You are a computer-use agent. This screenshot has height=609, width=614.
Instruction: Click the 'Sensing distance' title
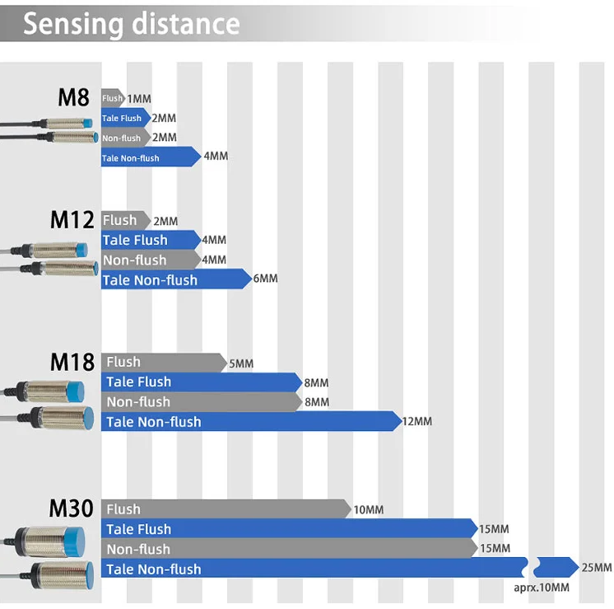[131, 24]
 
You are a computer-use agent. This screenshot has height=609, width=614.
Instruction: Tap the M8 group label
[73, 97]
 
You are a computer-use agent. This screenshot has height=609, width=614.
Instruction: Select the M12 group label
[72, 220]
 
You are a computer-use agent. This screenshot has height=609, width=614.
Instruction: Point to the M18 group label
[72, 362]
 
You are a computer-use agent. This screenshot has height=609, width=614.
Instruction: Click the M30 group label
[72, 508]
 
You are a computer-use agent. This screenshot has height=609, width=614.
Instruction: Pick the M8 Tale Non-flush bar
[148, 157]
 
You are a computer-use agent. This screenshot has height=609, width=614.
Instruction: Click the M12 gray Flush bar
[123, 220]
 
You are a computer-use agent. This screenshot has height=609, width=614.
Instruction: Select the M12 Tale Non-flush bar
[173, 280]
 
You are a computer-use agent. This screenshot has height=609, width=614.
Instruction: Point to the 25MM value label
[596, 568]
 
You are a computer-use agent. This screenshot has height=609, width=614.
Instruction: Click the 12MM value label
[416, 422]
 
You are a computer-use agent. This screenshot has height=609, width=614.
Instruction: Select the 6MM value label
[266, 279]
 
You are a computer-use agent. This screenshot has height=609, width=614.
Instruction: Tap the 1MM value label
[139, 99]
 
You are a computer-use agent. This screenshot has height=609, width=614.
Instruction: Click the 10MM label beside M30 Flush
[368, 510]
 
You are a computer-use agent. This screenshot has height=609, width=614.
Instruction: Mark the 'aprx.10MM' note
[541, 587]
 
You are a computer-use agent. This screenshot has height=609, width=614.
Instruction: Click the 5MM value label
[241, 364]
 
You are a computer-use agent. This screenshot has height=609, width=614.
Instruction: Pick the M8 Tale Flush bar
[124, 118]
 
